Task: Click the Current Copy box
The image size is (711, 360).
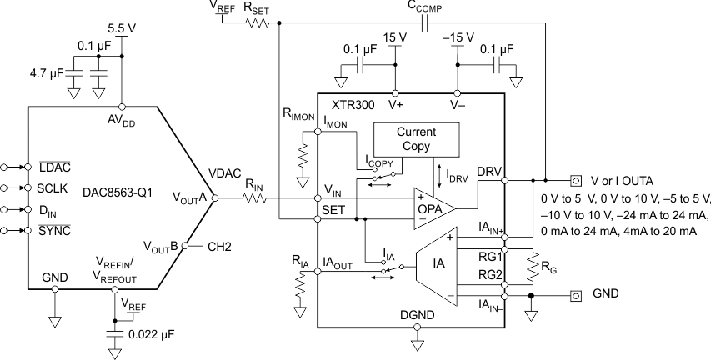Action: coord(417,139)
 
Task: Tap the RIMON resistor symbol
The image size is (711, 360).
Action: coord(300,156)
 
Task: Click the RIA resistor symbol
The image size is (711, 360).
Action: coord(300,287)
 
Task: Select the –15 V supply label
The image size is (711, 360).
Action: coord(457,37)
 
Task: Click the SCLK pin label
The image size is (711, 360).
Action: coord(53,188)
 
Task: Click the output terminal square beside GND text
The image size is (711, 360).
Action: coord(575,295)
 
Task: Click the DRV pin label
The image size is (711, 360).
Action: coord(489,172)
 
